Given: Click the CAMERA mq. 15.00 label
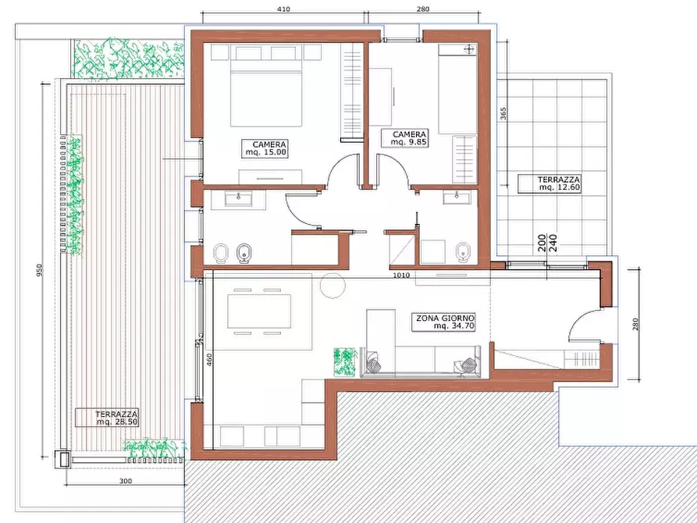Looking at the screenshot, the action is pyautogui.click(x=265, y=148).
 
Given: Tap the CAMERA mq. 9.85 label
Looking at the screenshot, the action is pyautogui.click(x=405, y=138).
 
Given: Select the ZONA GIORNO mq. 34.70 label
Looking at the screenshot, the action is pyautogui.click(x=443, y=322).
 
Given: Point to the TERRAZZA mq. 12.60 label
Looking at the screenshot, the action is pyautogui.click(x=549, y=183).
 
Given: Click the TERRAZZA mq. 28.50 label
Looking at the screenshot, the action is pyautogui.click(x=107, y=418).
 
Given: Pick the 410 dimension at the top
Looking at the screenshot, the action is pyautogui.click(x=283, y=9).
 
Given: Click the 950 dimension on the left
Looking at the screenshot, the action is pyautogui.click(x=40, y=270).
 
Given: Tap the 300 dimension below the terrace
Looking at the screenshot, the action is pyautogui.click(x=126, y=481).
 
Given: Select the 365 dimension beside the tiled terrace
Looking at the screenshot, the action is pyautogui.click(x=503, y=113).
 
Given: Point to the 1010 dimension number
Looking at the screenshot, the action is pyautogui.click(x=401, y=276).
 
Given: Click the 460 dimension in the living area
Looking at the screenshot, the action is pyautogui.click(x=209, y=359).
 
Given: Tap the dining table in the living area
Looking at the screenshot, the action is pyautogui.click(x=259, y=311).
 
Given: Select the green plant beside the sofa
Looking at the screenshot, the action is pyautogui.click(x=345, y=362).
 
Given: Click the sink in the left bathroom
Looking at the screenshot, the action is pyautogui.click(x=238, y=199).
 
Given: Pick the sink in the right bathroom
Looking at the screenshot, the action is pyautogui.click(x=457, y=197).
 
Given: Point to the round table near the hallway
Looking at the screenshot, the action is pyautogui.click(x=332, y=286).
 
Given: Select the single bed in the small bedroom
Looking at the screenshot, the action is pyautogui.click(x=458, y=89).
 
